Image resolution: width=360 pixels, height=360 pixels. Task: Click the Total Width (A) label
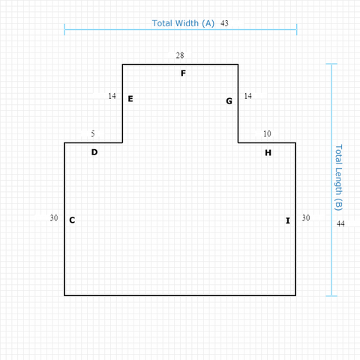coord(183,23)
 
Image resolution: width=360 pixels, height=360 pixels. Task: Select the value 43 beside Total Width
coord(224,23)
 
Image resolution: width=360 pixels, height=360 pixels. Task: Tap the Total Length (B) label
coord(338,178)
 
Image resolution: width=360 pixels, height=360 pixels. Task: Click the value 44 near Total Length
coord(340,223)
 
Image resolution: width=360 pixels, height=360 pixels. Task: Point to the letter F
coord(183,73)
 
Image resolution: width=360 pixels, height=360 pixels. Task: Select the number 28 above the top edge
coord(180,55)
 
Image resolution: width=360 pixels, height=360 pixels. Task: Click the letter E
coord(130,99)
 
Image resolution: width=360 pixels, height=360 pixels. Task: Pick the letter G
coord(229,101)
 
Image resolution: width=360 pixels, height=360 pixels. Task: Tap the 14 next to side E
coord(112,96)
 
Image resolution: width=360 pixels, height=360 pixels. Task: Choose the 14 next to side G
coord(247,96)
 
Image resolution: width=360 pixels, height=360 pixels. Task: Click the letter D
coord(94,152)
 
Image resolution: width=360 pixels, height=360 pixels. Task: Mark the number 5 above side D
coord(93,133)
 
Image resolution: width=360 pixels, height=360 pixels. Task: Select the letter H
coord(268,152)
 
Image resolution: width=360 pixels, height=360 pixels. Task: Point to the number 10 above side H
coord(267,133)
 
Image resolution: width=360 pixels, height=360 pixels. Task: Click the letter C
coord(72,220)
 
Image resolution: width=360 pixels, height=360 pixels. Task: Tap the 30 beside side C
coord(54,218)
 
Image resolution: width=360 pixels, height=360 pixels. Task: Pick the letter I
coord(288,220)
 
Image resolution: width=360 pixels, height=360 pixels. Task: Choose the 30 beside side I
coord(306,218)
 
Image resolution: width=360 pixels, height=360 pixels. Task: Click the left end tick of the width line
coord(64,29)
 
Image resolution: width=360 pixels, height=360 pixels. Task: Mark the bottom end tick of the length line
coord(331,296)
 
